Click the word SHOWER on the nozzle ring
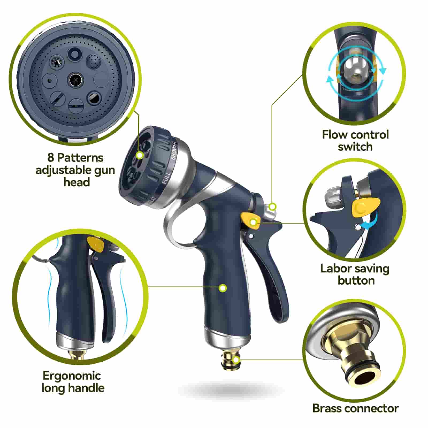(x=174, y=151)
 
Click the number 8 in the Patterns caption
(x=51, y=158)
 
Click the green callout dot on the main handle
(x=223, y=288)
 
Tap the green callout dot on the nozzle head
(x=139, y=155)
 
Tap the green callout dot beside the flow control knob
(x=272, y=207)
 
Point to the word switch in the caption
(x=355, y=147)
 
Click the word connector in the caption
(x=372, y=408)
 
